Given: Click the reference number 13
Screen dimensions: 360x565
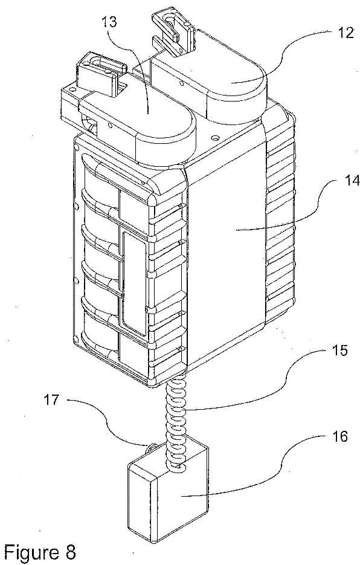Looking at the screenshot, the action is pos(109,22).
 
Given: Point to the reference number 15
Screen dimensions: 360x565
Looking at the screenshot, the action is pos(338,350).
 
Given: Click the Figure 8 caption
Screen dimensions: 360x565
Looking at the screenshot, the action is pos(40,551).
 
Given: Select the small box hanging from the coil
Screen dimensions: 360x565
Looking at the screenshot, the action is pos(169,488).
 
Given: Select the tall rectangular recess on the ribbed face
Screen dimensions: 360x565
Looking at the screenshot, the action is pos(134,283).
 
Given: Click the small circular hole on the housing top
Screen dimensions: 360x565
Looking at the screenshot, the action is pos(216,138).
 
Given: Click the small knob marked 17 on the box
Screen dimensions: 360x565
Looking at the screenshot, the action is pos(150,448).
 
